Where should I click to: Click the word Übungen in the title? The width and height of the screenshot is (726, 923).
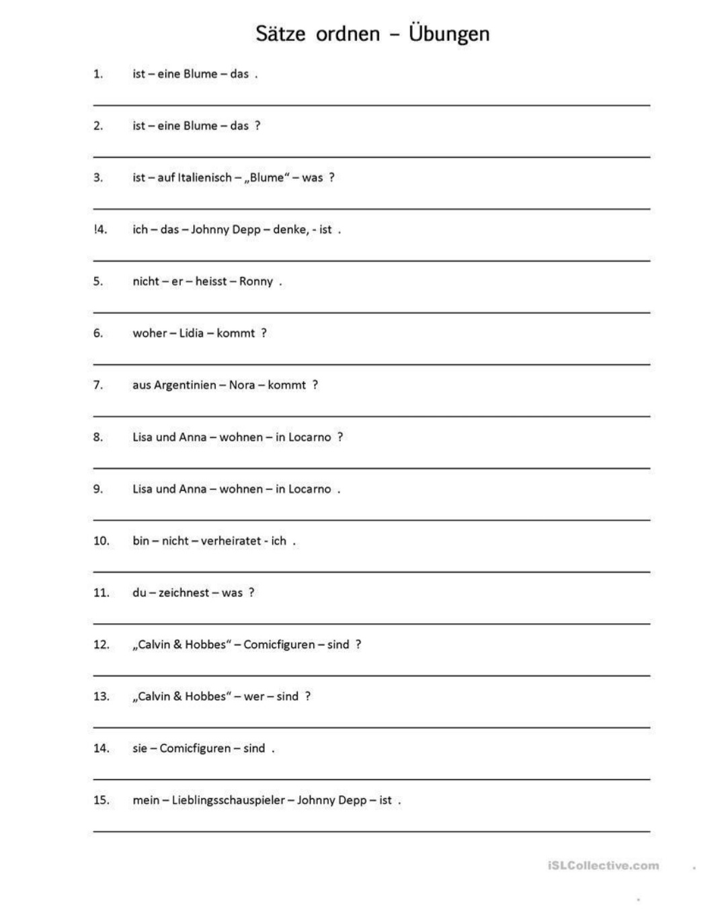pos(449,34)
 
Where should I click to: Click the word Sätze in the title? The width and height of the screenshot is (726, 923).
pos(280,34)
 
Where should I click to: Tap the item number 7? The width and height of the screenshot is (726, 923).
pos(98,385)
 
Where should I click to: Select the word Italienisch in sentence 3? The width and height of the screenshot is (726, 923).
pos(204,178)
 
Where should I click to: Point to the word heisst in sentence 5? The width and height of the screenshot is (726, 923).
pos(211,282)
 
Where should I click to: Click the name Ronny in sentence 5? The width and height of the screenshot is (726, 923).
pos(256,282)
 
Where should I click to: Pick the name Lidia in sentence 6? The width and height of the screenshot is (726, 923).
pos(191,333)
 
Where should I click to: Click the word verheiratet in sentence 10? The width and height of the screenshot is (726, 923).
pos(231,541)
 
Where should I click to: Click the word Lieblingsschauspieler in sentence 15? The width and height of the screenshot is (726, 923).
pos(229,801)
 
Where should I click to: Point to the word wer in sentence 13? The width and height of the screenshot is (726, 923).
pos(254,696)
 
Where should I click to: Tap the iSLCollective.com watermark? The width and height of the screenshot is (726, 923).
pos(604,866)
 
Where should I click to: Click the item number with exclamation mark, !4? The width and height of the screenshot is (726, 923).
pos(100,230)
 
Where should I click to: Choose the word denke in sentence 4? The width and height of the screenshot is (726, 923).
pos(289,230)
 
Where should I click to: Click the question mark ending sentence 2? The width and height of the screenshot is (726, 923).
pos(257,126)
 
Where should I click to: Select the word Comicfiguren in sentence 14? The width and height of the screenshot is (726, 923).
pos(195,748)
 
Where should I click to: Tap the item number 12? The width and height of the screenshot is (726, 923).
pos(101,645)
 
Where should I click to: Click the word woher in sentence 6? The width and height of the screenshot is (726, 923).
pos(149,333)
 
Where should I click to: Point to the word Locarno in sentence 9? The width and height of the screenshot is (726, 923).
pos(309,489)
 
